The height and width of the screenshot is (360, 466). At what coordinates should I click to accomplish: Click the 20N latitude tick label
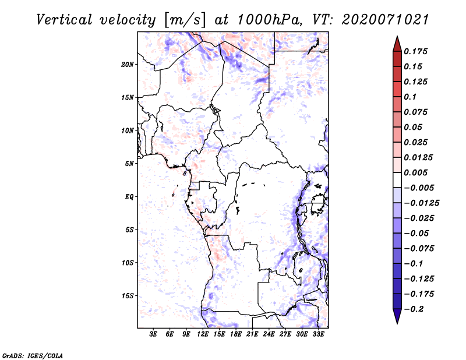[128, 64]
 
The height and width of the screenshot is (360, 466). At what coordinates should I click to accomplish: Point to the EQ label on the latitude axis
[129, 196]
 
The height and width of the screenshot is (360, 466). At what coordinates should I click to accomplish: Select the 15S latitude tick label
[128, 296]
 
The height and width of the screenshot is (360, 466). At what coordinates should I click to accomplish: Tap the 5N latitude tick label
[129, 164]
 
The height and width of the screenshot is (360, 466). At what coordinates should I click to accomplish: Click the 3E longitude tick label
[154, 334]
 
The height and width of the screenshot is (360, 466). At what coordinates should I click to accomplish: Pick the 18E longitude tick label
[236, 334]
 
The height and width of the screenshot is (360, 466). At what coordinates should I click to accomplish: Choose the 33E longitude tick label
[319, 334]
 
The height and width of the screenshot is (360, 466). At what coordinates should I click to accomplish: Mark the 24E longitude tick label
[269, 334]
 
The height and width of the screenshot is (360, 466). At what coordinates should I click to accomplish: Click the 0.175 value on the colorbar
[416, 51]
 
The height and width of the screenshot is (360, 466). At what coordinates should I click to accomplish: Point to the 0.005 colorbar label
[416, 172]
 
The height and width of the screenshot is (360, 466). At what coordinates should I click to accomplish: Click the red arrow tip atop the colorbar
[397, 41]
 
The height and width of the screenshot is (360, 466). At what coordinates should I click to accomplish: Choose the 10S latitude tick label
[128, 263]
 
